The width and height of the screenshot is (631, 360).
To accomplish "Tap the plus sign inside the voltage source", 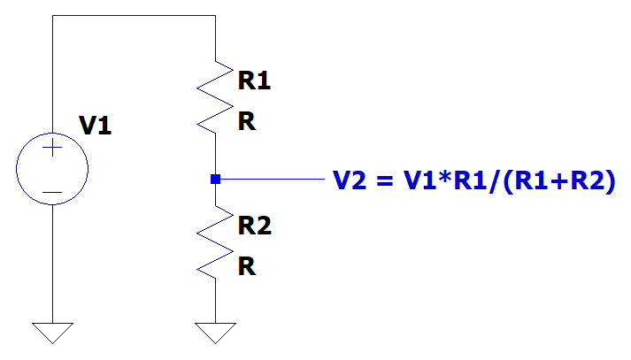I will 52,149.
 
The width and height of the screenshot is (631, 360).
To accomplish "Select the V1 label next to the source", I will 95,126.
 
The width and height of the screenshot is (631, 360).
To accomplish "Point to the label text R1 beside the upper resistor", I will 255,81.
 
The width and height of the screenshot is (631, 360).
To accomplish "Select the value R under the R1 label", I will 247,122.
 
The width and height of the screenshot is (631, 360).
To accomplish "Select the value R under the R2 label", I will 247,266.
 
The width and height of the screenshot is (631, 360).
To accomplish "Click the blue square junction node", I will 215,180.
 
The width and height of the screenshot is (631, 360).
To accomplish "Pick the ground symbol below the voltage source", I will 52,333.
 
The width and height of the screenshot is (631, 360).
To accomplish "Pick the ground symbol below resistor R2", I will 215,333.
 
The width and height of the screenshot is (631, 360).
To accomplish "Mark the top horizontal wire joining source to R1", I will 133,15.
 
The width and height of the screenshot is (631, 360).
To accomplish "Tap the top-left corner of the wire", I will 52,15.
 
